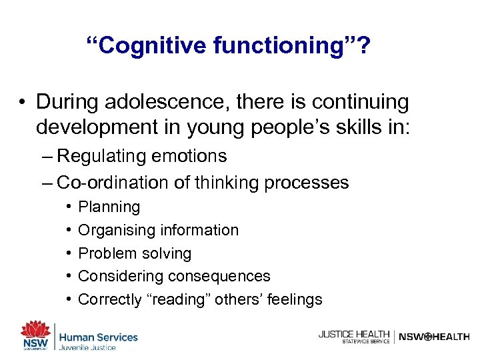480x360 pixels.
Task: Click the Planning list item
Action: tap(109, 207)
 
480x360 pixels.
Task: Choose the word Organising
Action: tap(115, 230)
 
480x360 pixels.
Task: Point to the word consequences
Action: tap(219, 276)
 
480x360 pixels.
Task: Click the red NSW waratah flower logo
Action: tap(35, 330)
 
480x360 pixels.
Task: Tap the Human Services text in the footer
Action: tap(99, 337)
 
